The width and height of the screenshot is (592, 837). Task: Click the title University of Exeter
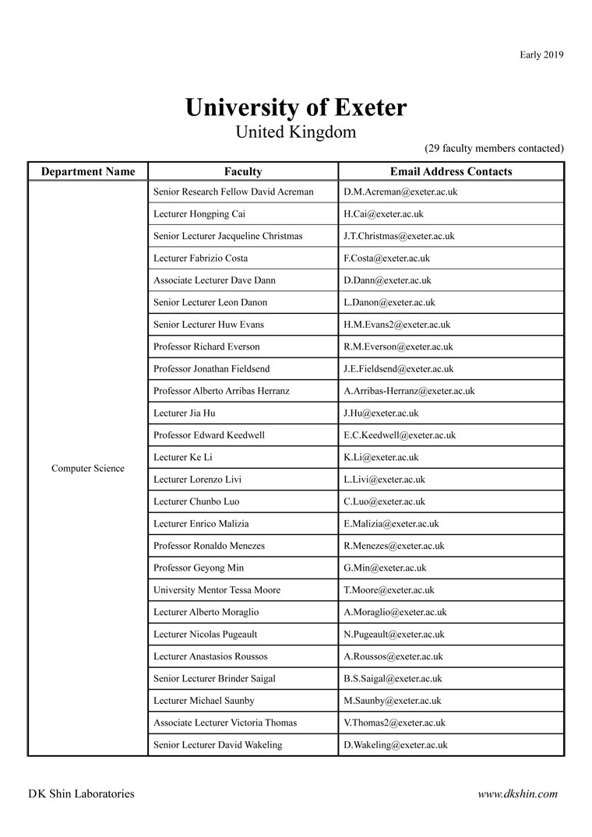(x=296, y=107)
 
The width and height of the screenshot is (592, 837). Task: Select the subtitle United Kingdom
(x=296, y=132)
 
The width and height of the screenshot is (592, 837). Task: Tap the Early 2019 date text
(x=541, y=55)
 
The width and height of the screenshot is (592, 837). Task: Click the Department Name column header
(x=88, y=171)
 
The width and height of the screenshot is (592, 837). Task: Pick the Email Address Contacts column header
(x=451, y=171)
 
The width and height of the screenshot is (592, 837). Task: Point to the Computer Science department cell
(x=88, y=469)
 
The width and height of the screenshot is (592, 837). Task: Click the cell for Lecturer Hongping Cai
(x=199, y=214)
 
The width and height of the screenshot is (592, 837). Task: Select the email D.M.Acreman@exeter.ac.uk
(x=400, y=192)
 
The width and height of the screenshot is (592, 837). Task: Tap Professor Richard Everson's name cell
(x=207, y=346)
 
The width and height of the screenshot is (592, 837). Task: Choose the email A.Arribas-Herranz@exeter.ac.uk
(x=409, y=391)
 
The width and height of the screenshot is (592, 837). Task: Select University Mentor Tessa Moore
(x=217, y=590)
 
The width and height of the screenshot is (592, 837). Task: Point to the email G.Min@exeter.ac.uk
(x=385, y=568)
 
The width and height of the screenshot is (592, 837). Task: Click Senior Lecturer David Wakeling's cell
(x=218, y=745)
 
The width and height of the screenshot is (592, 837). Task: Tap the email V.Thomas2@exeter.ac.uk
(x=395, y=723)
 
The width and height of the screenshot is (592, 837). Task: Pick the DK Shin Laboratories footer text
(x=81, y=794)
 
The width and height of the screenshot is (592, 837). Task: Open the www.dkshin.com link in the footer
(x=518, y=794)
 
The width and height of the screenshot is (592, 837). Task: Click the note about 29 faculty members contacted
(x=494, y=148)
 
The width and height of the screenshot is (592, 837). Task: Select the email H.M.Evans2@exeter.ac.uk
(x=396, y=325)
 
